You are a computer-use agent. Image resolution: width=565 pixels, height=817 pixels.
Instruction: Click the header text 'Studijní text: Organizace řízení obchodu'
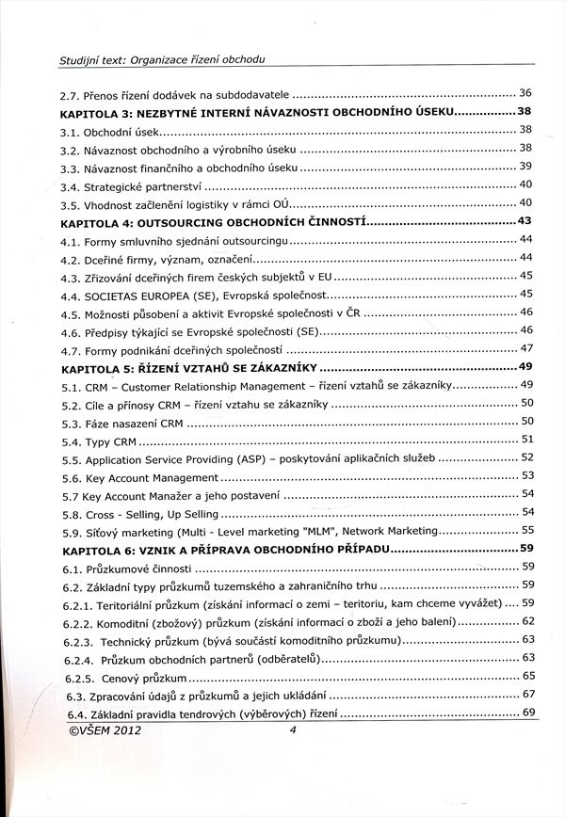pyautogui.click(x=162, y=59)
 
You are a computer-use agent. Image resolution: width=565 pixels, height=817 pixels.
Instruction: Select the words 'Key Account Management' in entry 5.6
pyautogui.click(x=153, y=477)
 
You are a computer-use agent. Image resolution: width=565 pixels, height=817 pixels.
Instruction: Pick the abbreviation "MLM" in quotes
pyautogui.click(x=294, y=532)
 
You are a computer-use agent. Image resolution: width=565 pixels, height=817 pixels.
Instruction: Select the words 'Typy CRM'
pyautogui.click(x=111, y=441)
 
